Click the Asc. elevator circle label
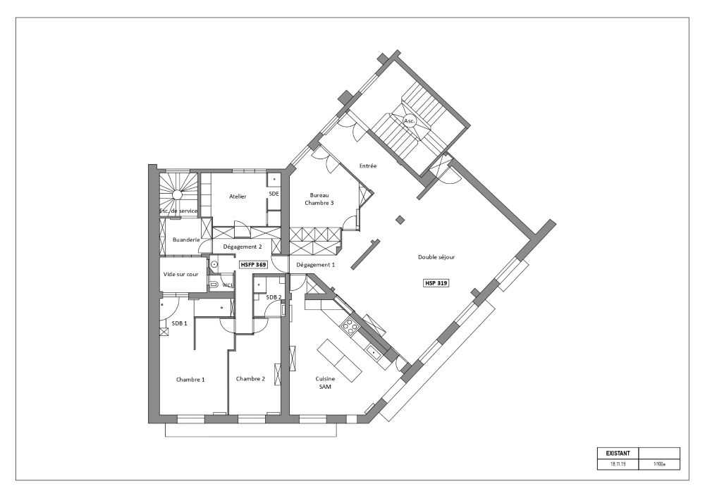pos(409,121)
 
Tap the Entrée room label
pos(368,166)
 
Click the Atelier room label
pos(238,197)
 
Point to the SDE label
pos(274,194)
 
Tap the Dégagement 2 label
pos(243,247)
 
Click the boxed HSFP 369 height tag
pos(252,265)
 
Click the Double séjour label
pos(436,257)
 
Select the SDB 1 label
pos(180,323)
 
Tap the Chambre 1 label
pos(190,379)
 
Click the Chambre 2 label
pos(250,378)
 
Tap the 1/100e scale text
pos(659,465)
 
